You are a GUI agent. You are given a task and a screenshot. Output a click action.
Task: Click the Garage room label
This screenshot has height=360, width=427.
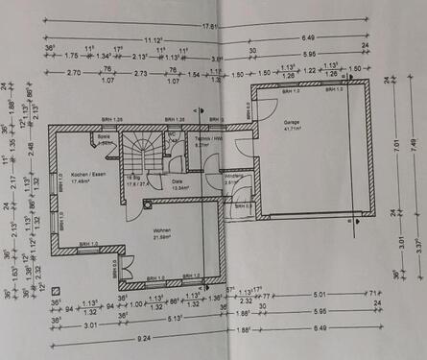293,123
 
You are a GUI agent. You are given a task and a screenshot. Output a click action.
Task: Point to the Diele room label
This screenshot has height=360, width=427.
177,180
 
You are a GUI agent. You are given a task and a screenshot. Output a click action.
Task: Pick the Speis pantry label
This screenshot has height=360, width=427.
102,137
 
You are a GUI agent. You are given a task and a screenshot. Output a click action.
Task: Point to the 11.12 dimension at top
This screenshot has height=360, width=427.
153,40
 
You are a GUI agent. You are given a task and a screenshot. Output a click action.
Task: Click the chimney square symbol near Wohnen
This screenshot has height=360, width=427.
145,204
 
